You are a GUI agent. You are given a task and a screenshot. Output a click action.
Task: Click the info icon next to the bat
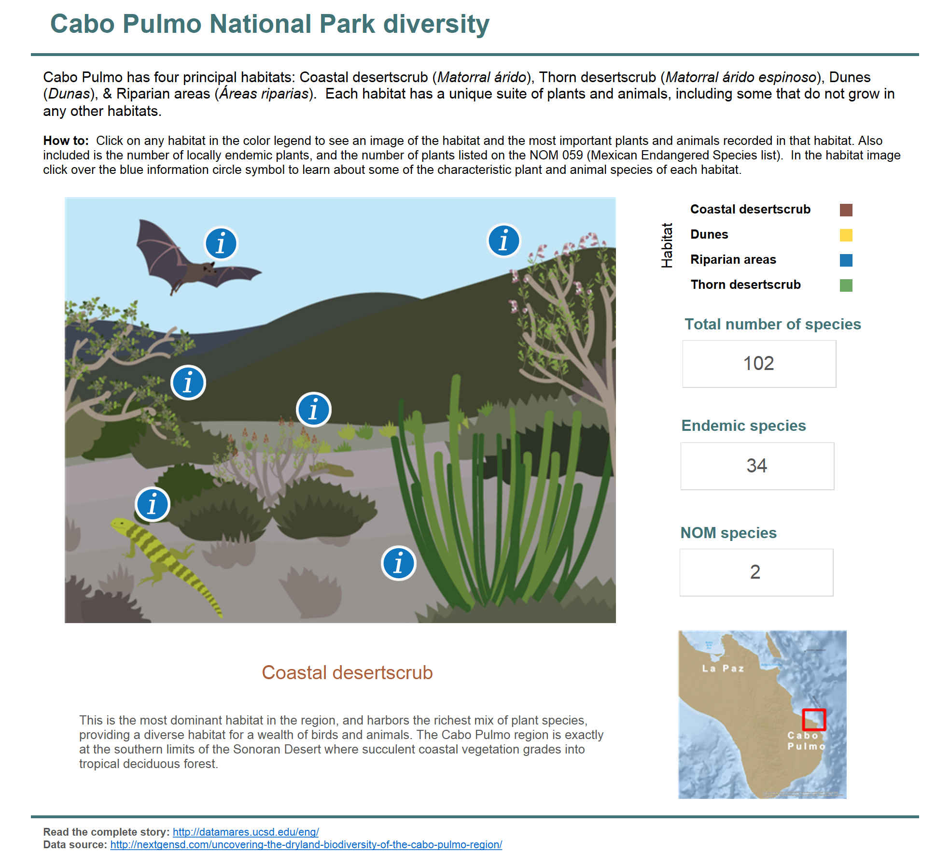tap(221, 243)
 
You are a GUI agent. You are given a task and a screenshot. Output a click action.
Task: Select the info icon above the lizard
tap(153, 504)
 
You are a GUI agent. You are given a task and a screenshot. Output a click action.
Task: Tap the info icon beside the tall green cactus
tap(398, 563)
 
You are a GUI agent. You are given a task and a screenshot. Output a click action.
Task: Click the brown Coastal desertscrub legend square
tap(846, 210)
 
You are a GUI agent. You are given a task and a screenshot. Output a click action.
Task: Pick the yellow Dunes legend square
tap(846, 235)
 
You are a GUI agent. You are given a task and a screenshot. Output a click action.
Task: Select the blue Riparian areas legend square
tap(846, 260)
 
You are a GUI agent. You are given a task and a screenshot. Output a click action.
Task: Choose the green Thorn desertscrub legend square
tap(846, 285)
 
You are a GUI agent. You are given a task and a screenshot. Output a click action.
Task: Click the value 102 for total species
tap(758, 363)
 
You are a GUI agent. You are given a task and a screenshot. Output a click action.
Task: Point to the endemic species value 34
tap(756, 466)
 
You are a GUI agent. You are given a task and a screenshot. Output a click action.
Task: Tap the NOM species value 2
tap(755, 572)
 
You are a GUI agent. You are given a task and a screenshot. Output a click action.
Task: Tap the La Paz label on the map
tap(723, 669)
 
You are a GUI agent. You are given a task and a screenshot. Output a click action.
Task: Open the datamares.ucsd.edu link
tap(246, 832)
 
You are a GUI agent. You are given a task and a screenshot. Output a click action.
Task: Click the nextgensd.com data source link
tap(306, 844)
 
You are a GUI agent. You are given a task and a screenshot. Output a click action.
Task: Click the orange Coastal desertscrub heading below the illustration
tap(347, 672)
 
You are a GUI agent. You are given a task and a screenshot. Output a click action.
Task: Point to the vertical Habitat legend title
tap(667, 245)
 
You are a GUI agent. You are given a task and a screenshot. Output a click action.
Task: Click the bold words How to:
tap(66, 141)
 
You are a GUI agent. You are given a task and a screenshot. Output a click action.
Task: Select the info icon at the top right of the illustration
tap(503, 241)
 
